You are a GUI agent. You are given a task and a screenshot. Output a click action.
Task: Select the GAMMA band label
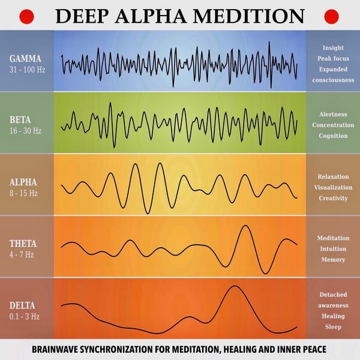point(25,58)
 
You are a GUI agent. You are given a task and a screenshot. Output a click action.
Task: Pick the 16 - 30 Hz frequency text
point(26,130)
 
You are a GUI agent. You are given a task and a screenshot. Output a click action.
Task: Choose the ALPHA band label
point(23,182)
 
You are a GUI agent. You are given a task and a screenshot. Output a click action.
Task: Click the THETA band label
point(23,244)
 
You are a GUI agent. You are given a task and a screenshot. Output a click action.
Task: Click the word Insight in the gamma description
point(333,47)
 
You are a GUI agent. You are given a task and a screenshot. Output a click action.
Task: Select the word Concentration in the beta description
point(333,125)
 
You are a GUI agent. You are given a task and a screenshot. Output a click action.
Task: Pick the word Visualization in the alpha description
point(333,187)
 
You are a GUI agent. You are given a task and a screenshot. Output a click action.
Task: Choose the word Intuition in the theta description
point(333,249)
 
